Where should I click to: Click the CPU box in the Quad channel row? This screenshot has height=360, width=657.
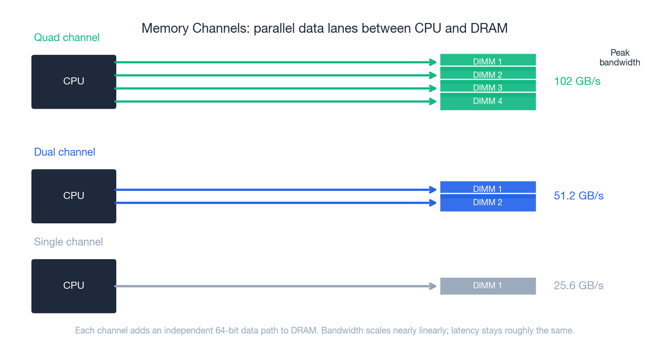point(74,82)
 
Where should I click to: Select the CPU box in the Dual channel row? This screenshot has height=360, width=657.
point(74,196)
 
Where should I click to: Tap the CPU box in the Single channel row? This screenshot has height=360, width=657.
point(74,286)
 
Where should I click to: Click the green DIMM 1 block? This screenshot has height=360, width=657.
point(488,60)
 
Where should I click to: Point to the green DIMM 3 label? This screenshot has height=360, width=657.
point(488,88)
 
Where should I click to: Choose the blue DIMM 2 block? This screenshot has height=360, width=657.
point(488,203)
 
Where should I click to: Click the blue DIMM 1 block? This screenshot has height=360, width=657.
point(488,187)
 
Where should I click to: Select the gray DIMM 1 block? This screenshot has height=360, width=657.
point(488,286)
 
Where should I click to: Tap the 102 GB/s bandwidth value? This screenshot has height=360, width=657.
point(577,81)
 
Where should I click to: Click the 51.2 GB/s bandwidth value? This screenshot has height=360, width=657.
point(578,196)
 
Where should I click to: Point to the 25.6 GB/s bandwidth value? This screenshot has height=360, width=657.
point(578,286)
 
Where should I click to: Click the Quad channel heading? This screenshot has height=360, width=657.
point(67,38)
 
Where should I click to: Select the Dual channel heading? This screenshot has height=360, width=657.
point(65,152)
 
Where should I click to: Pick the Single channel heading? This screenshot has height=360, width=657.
point(69,242)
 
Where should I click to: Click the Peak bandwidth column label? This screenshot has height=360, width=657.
point(619,57)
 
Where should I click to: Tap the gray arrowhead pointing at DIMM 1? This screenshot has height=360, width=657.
point(433,286)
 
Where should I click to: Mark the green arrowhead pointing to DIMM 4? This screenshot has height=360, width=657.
point(433,102)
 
